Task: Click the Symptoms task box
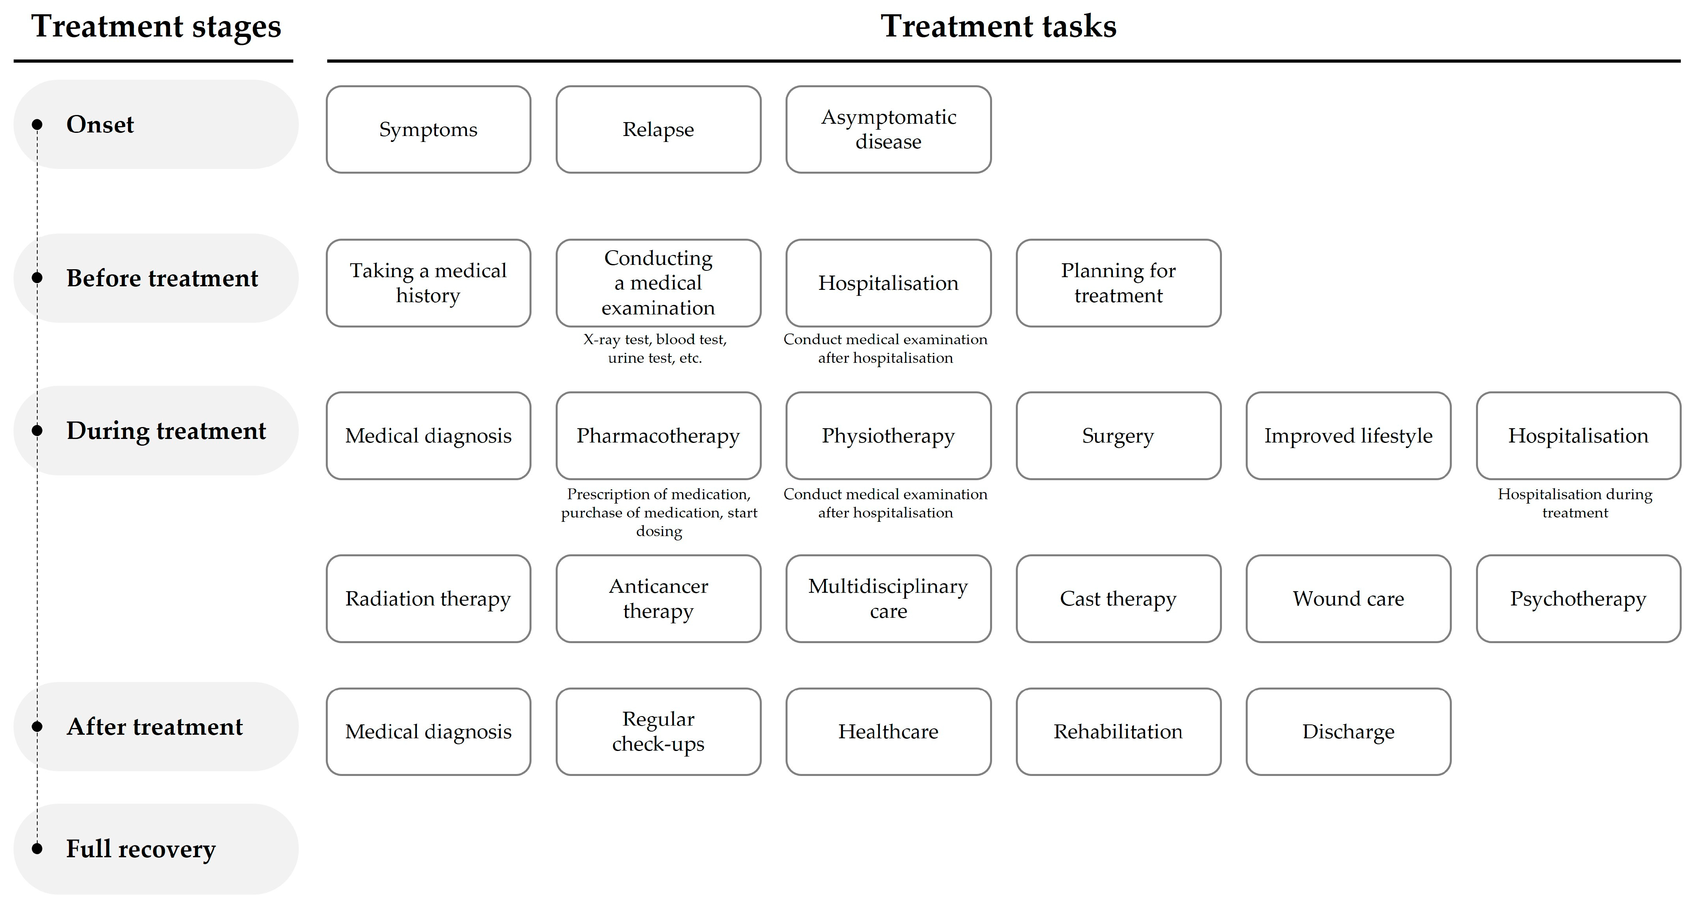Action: (x=428, y=129)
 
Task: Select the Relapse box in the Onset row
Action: (x=658, y=129)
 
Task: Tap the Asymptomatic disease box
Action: (x=888, y=129)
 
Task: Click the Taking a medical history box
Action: (x=428, y=283)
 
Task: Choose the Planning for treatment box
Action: (x=1118, y=283)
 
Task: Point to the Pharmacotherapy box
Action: (x=658, y=436)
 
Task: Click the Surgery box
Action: (x=1118, y=436)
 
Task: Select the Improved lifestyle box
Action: (x=1348, y=436)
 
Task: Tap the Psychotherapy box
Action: (x=1578, y=599)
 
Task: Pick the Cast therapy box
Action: (x=1118, y=599)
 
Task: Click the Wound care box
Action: (x=1348, y=599)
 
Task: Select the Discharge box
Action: (x=1348, y=731)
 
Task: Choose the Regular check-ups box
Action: (x=658, y=731)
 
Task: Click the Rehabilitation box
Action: (x=1118, y=731)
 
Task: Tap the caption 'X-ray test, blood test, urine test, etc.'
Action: (x=655, y=348)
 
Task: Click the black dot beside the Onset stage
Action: (x=37, y=124)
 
